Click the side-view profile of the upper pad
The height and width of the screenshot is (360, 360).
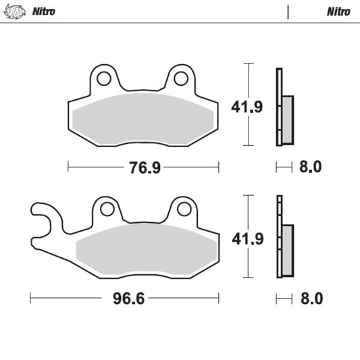pyautogui.click(x=283, y=108)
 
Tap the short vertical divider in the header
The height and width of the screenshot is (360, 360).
pyautogui.click(x=288, y=11)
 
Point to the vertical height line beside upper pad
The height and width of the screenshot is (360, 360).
pyautogui.click(x=251, y=105)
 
